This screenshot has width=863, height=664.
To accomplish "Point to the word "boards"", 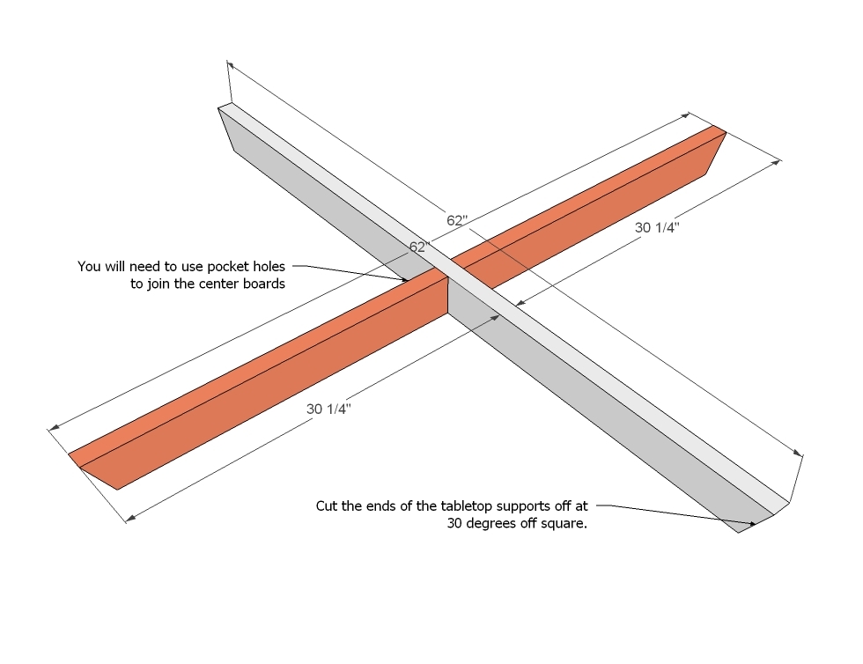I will pos(262,284).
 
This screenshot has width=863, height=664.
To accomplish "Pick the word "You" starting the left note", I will pos(89,266).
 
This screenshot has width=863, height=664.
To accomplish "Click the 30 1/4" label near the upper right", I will pos(658,227).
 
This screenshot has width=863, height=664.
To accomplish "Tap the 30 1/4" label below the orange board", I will pos(328,409).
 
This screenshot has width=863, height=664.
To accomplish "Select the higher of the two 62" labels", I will pos(455,221).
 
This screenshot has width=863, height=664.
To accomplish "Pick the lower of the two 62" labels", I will pos(417,247).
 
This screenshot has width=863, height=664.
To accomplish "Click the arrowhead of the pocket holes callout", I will pos(406,281).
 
